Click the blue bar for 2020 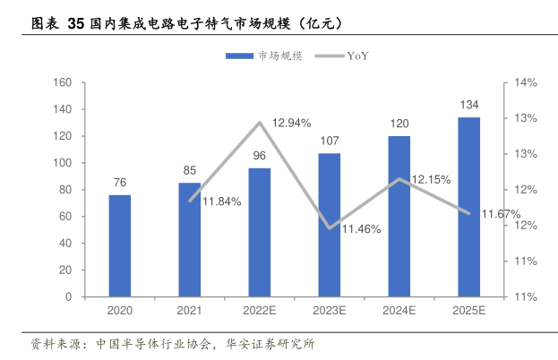tap(120, 245)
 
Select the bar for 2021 tap(190, 239)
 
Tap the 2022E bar tap(260, 232)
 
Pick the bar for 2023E tap(330, 225)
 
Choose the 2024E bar tap(399, 216)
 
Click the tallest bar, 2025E tap(469, 207)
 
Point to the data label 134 tap(469, 105)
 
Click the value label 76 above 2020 tap(120, 183)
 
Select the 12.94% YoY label tap(291, 123)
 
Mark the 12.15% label tap(431, 179)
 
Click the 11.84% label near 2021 tap(221, 201)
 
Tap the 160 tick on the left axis tap(63, 83)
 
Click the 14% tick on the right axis tap(525, 83)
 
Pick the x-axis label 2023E tap(330, 310)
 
